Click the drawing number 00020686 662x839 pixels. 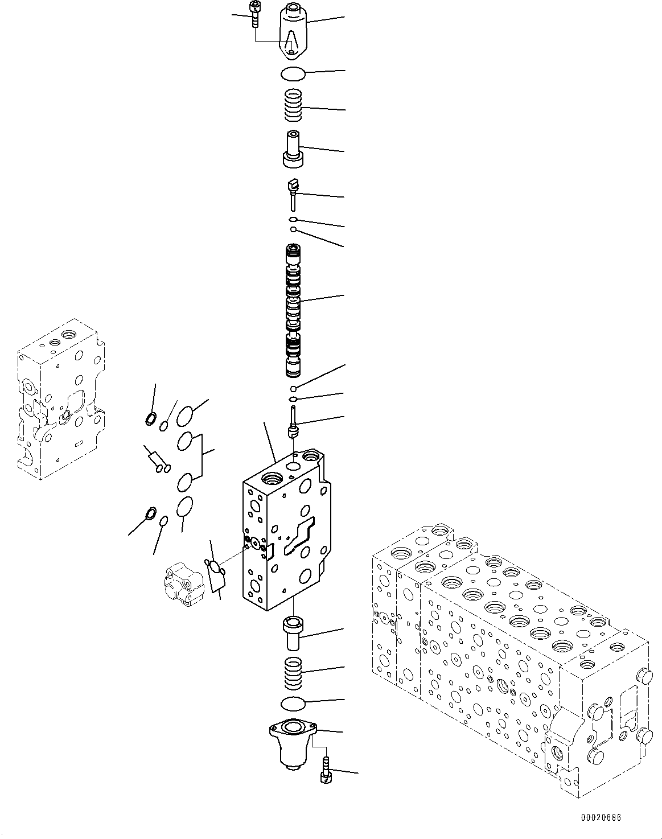601,818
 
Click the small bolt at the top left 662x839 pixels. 254,13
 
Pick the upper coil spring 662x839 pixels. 294,106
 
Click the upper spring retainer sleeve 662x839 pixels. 293,150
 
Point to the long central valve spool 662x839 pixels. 294,310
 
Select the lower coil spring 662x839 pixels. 294,672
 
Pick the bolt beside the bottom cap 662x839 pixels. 326,771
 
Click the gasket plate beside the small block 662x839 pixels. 216,573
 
